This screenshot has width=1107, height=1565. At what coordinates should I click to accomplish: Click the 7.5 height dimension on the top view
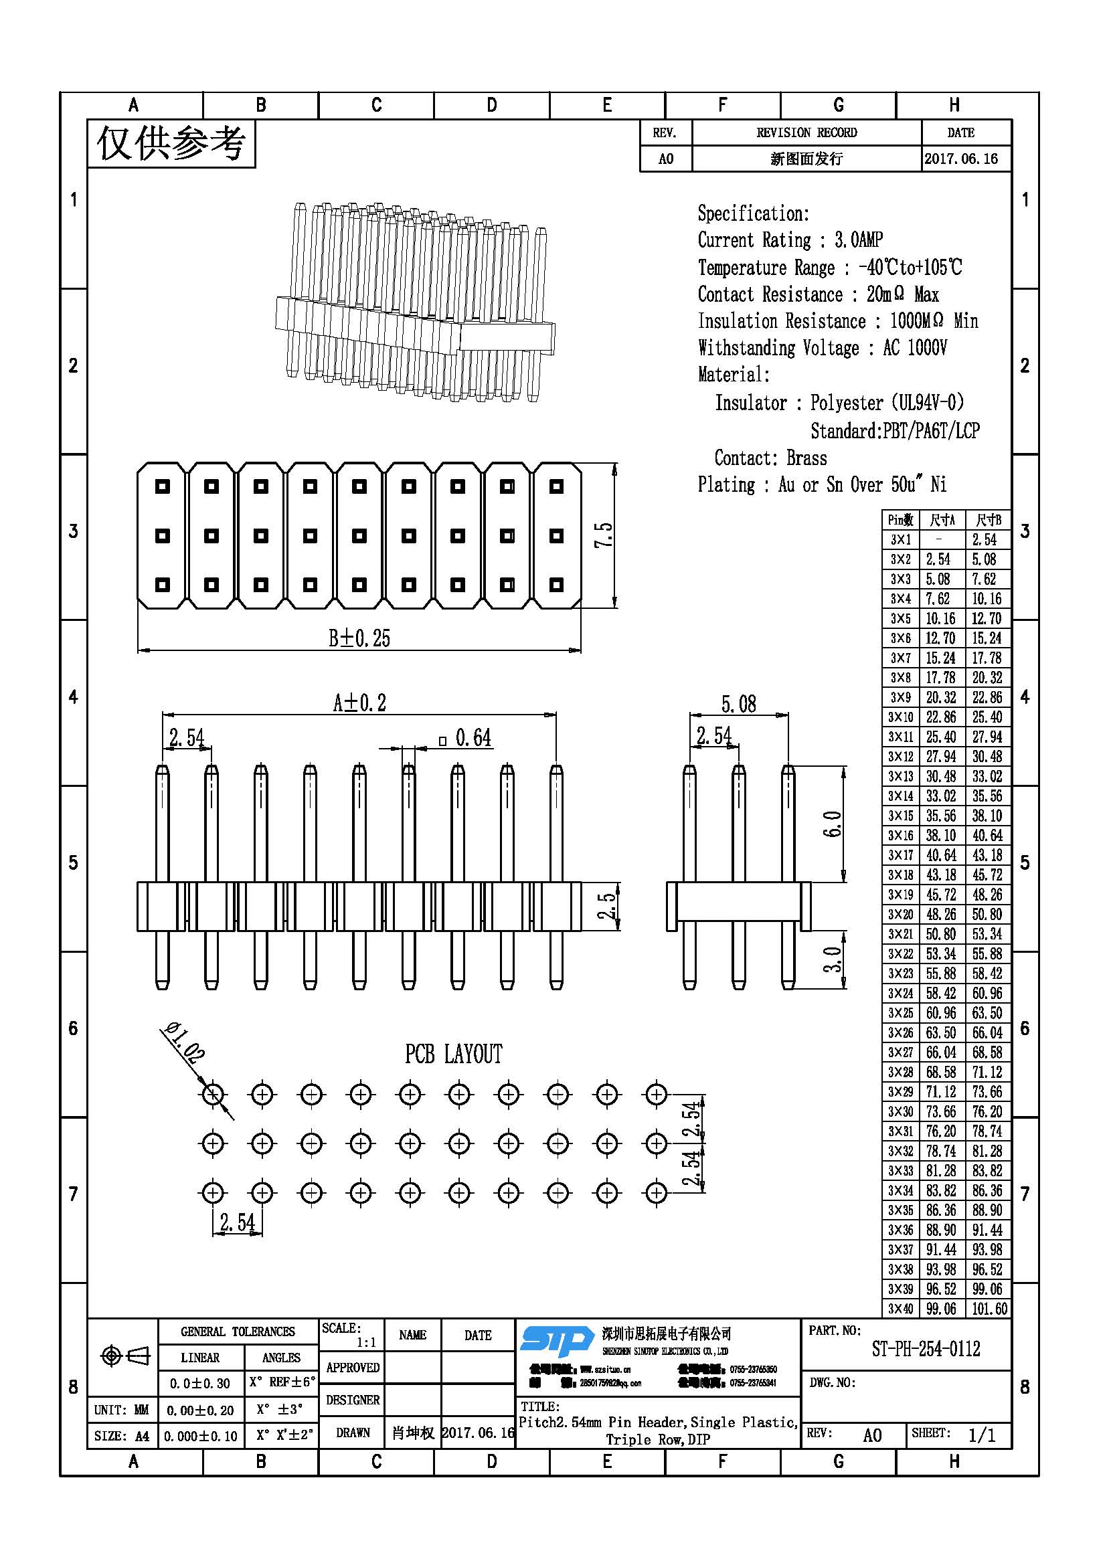tap(604, 535)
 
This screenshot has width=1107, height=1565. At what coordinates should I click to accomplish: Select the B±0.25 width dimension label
tap(359, 639)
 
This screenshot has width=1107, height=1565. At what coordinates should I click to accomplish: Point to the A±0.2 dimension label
tap(359, 703)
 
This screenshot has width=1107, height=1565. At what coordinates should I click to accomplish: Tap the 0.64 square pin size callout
tap(466, 737)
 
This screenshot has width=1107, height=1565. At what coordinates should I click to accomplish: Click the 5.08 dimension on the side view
tap(739, 703)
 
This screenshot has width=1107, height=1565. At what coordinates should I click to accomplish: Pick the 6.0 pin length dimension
tap(834, 824)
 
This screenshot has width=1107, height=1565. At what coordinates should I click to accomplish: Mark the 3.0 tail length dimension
tap(834, 959)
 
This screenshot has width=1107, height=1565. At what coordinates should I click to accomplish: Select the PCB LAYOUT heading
tap(453, 1054)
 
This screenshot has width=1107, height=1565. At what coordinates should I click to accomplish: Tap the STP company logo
tap(556, 1342)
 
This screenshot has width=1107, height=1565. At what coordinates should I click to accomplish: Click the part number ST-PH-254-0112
tap(926, 1349)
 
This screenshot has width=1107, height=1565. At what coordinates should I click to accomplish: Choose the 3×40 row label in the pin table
tap(900, 1309)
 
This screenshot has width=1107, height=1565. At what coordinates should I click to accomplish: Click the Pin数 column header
tap(900, 520)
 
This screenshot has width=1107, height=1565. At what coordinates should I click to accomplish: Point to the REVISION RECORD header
tap(806, 133)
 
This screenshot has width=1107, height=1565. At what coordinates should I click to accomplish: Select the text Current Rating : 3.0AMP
tap(790, 240)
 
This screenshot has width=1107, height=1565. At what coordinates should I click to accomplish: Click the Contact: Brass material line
tap(770, 458)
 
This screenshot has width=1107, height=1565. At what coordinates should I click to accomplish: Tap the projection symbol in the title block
tap(124, 1356)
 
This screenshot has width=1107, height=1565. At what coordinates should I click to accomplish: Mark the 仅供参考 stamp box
tap(171, 143)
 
